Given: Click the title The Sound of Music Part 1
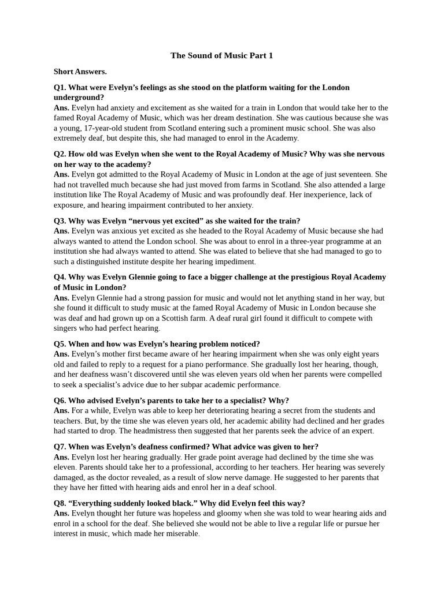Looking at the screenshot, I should pyautogui.click(x=221, y=55).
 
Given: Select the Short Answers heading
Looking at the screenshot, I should pyautogui.click(x=80, y=72).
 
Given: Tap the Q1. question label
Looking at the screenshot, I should pyautogui.click(x=60, y=88).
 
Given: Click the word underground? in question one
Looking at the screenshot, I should pyautogui.click(x=79, y=98).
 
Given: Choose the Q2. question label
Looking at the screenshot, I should pyautogui.click(x=60, y=154).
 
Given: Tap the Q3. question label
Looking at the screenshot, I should pyautogui.click(x=60, y=221).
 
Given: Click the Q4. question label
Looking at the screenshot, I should pyautogui.click(x=60, y=277).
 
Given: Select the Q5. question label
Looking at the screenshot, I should pyautogui.click(x=60, y=344).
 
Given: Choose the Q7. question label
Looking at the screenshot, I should pyautogui.click(x=60, y=447).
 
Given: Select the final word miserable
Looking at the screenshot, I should pyautogui.click(x=180, y=534).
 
